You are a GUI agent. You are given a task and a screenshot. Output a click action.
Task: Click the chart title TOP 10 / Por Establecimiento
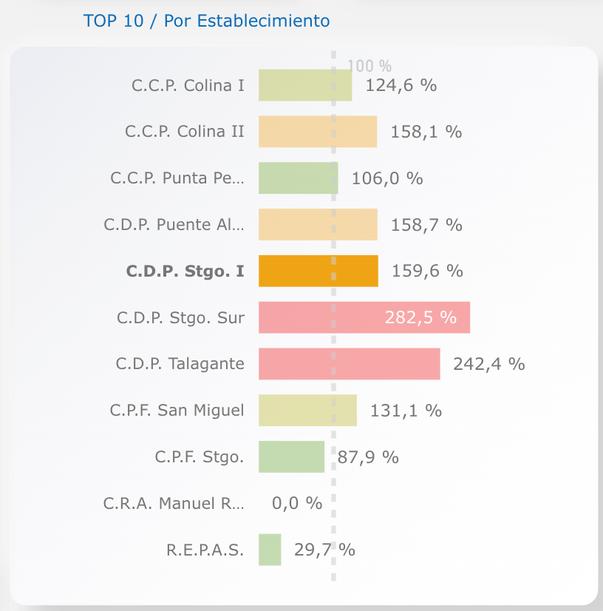[x=207, y=21]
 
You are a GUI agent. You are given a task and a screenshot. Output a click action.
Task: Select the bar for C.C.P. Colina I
[x=304, y=85]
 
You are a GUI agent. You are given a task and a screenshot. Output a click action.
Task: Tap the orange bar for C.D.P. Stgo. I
[x=318, y=271]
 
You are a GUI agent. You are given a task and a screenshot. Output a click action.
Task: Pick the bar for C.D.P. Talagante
[x=349, y=364]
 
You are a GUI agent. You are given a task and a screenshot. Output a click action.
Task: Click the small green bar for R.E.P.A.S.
[x=270, y=550]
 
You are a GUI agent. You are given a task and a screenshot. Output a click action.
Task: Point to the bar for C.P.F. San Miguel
[x=307, y=410]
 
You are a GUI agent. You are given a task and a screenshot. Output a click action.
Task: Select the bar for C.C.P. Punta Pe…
[x=298, y=178]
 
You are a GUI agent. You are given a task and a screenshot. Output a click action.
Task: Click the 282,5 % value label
[x=420, y=317]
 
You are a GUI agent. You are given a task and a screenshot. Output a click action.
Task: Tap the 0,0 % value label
[x=297, y=503]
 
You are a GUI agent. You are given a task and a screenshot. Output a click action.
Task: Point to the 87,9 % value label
[x=368, y=457]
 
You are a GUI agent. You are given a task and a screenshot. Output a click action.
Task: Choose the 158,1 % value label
[x=426, y=132]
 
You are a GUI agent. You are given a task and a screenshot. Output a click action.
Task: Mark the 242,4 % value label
[x=488, y=364]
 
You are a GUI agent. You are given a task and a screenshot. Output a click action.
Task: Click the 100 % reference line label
[x=369, y=66]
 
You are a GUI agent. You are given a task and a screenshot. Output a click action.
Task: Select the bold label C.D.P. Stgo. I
[x=185, y=271]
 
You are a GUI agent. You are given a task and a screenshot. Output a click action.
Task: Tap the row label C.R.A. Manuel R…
[x=174, y=504]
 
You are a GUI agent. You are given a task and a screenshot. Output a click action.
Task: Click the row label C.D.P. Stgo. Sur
[x=180, y=317]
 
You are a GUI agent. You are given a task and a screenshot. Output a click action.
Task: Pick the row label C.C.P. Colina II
[x=185, y=132]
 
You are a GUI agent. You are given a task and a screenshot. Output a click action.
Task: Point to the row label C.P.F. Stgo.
[x=200, y=457]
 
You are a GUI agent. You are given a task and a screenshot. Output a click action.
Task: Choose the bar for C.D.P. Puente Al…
[x=318, y=225]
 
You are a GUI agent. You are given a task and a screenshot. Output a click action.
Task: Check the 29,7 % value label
[x=324, y=550]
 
